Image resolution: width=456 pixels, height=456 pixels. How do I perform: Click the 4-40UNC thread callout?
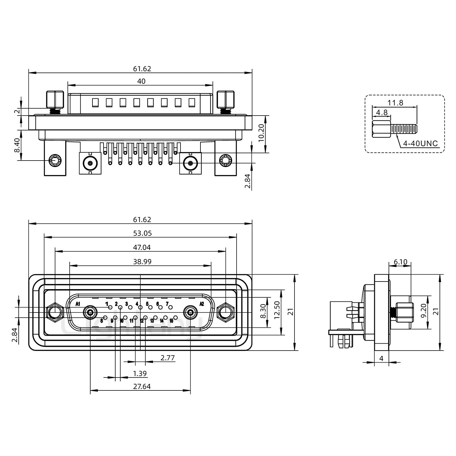point(420,143)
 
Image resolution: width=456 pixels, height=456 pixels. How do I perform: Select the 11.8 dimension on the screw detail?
point(396,103)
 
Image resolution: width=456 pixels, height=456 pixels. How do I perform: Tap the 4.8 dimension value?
point(382,112)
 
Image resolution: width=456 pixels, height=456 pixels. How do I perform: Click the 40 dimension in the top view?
point(141,81)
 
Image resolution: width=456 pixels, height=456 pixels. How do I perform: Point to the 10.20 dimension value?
point(261,133)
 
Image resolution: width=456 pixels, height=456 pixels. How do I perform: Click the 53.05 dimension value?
point(142,233)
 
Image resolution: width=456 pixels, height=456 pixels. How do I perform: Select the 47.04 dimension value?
point(142,247)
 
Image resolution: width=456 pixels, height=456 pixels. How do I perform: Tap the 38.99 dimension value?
point(142,262)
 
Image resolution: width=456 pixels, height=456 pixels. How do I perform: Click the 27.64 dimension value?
point(142,386)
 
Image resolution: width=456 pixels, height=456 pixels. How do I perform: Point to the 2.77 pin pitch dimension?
point(168,358)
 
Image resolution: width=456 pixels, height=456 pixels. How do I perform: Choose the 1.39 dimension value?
point(140,374)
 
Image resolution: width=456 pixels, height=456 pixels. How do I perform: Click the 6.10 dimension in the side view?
point(400,262)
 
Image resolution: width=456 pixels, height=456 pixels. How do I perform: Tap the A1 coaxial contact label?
point(78,304)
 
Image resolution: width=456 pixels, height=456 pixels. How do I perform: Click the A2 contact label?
point(201,304)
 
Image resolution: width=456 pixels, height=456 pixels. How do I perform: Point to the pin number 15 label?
point(171,321)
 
